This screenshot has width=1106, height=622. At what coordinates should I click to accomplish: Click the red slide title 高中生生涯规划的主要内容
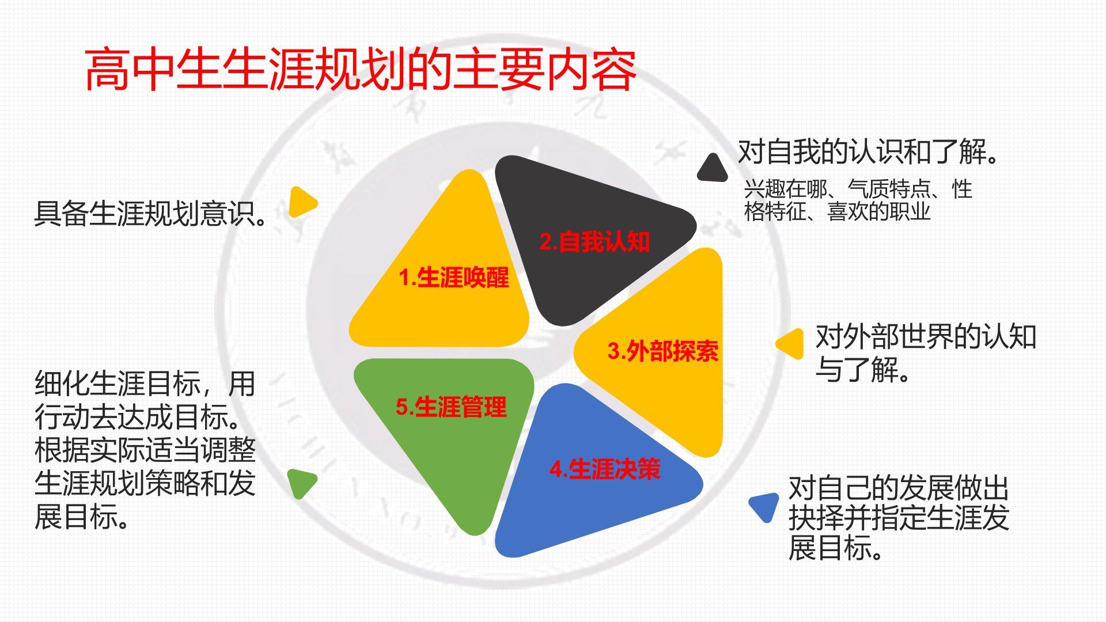pos(361,70)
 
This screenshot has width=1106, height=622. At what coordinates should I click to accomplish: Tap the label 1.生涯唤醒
pos(454,278)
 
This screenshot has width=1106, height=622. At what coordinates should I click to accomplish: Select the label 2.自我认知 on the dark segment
pos(594,241)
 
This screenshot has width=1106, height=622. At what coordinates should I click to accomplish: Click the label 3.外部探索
pos(663,351)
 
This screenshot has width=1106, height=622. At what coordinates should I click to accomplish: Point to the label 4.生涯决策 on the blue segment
pos(605,469)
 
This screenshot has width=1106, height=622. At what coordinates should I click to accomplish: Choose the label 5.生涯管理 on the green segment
pos(451,407)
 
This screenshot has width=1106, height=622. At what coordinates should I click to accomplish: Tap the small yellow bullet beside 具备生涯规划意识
pos(301,202)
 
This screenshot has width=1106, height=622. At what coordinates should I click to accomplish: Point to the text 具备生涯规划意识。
pos(151,214)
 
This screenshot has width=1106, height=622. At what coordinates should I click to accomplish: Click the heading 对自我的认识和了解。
pos(869,152)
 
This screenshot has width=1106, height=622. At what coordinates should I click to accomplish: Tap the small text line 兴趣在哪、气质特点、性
pos(858,189)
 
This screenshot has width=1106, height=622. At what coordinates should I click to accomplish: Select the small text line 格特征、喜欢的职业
pos(837,212)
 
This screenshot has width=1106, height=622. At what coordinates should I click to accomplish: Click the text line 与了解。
pos(862,370)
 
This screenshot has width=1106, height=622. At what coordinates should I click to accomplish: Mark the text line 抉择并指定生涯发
pos(899,517)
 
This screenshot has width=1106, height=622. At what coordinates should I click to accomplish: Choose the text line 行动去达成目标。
pos(138,417)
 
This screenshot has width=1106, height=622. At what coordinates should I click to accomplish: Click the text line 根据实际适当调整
pos(145,450)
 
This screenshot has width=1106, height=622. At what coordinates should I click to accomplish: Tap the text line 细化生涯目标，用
pos(145,384)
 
